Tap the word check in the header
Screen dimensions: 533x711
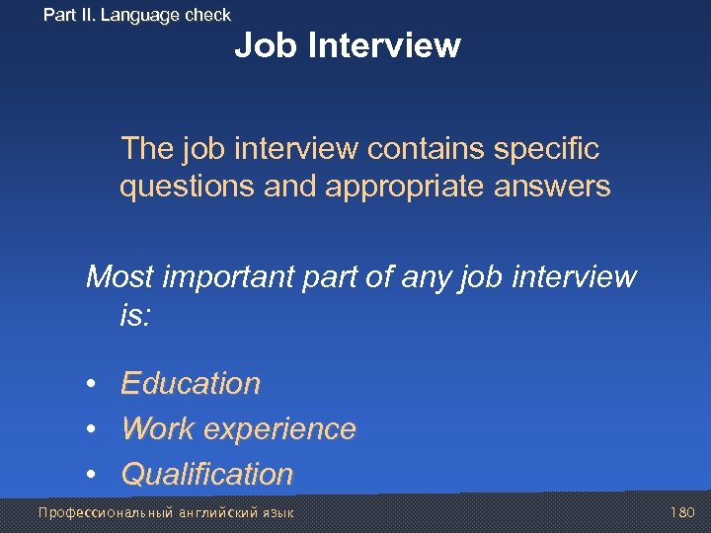[206, 15]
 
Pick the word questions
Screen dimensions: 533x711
[187, 188]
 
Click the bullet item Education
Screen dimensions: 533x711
[191, 383]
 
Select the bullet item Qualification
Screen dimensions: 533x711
[206, 474]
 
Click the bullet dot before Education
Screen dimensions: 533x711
[90, 384]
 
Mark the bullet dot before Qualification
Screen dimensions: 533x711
[90, 475]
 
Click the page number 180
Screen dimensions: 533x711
[682, 513]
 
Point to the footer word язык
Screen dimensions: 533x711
[276, 513]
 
